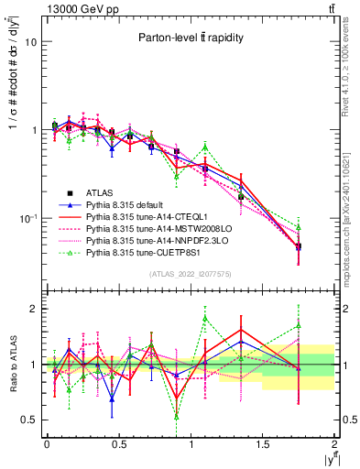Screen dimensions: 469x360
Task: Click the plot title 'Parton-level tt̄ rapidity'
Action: (x=189, y=38)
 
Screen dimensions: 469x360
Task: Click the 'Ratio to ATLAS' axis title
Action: (x=14, y=364)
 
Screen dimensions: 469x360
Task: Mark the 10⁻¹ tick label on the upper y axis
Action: (x=27, y=218)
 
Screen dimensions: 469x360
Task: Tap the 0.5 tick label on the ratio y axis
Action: (x=28, y=420)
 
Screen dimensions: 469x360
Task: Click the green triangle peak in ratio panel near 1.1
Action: (x=205, y=318)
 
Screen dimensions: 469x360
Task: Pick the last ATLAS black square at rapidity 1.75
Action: (x=299, y=246)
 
